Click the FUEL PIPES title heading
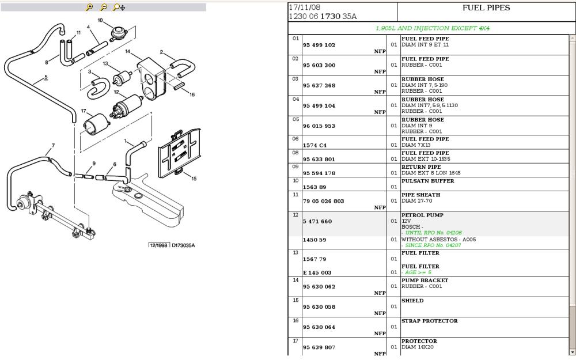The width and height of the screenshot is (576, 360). [486, 8]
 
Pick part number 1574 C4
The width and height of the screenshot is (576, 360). [314, 145]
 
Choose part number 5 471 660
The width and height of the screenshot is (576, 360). [317, 221]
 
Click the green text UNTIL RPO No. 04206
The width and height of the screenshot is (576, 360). [433, 233]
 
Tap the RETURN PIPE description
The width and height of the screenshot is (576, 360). [420, 167]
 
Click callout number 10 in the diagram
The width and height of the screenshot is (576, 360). [100, 21]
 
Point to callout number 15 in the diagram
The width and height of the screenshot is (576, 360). [194, 179]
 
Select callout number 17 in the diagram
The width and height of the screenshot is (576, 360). [84, 111]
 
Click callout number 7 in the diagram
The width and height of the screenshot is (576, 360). [53, 145]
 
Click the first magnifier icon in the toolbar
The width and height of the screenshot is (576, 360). [89, 7]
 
